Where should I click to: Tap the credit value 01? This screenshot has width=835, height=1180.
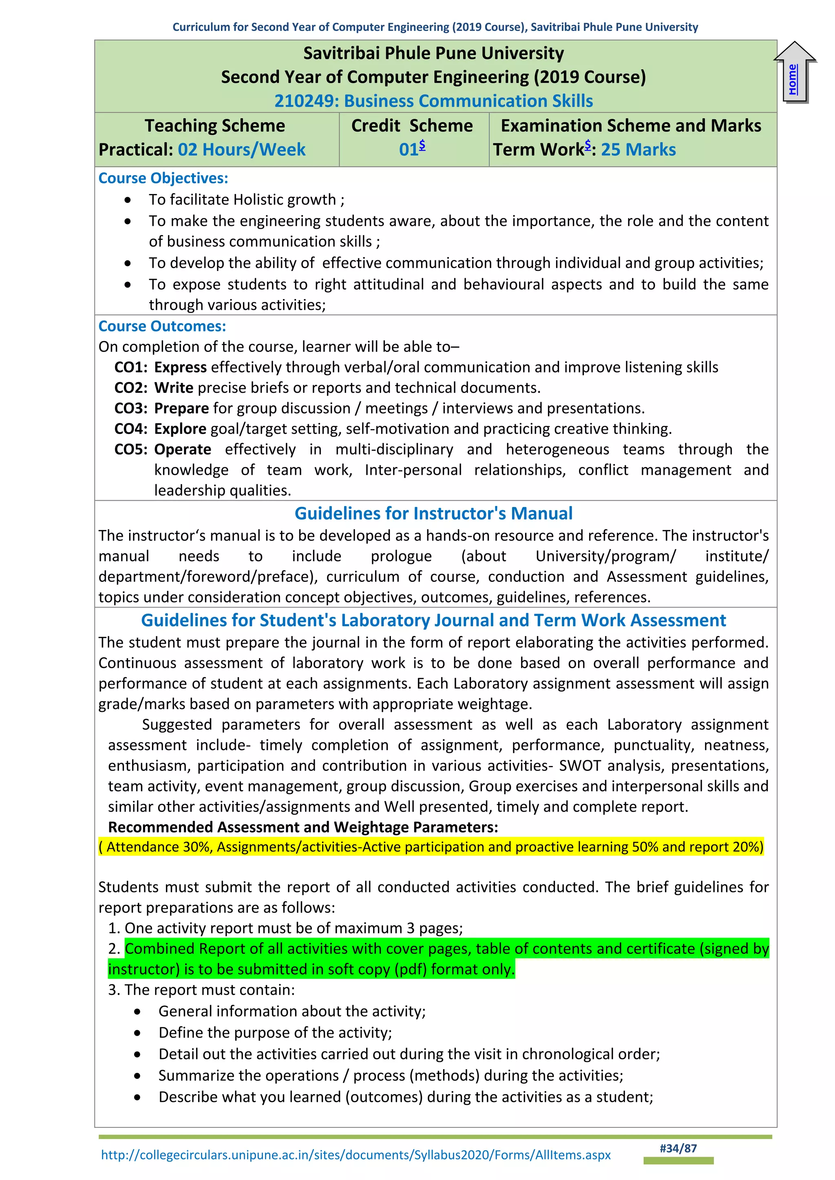click(x=409, y=150)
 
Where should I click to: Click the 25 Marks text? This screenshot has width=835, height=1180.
click(x=638, y=150)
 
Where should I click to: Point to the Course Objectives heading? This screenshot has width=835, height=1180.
click(x=163, y=178)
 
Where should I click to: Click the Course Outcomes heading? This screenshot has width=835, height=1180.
click(x=162, y=326)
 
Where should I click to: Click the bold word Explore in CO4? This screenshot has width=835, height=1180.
click(x=180, y=429)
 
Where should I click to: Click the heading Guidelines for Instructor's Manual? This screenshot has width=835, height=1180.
click(x=433, y=513)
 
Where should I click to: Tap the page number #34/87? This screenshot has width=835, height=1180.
click(x=678, y=1149)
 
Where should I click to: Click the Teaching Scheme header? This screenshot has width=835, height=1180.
click(x=214, y=126)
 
